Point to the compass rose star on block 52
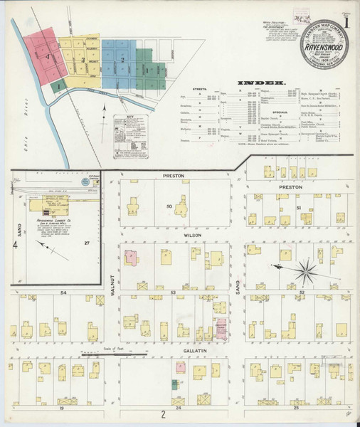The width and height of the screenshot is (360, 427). tap(307, 269)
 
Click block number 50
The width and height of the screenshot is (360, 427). tap(170, 206)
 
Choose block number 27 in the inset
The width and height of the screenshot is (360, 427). tap(86, 244)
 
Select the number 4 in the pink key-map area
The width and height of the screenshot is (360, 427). tap(47, 54)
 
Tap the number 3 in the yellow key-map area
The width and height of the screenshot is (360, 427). tap(83, 60)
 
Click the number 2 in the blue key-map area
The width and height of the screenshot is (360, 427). tap(122, 60)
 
